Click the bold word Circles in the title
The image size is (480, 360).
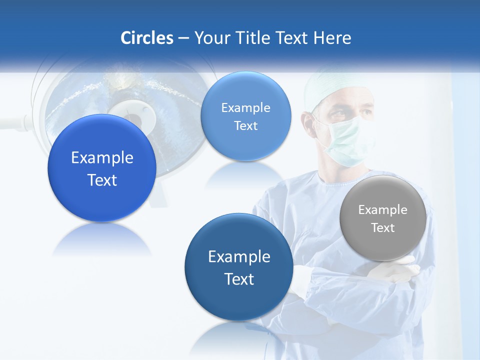[x=147, y=38]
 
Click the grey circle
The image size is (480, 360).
[x=383, y=218]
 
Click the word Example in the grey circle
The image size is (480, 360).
[x=383, y=209]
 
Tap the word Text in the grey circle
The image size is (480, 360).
[x=383, y=228]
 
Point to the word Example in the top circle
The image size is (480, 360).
[x=245, y=107]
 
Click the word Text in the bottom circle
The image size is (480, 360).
[x=239, y=279]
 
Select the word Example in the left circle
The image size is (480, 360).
[x=102, y=158]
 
